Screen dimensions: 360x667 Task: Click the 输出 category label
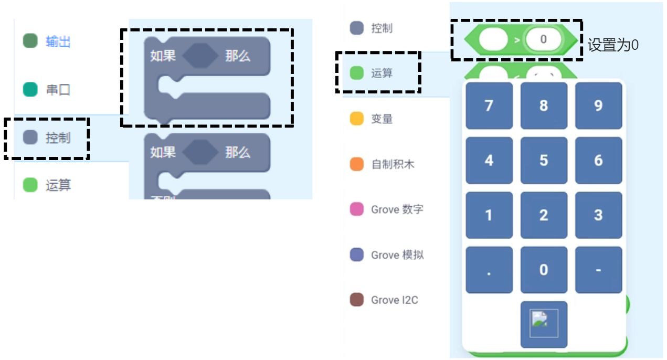(58, 42)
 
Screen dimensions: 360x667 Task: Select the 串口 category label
(58, 90)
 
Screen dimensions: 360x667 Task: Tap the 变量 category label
(382, 119)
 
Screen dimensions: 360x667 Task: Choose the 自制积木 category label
(393, 164)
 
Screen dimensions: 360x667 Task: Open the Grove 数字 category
(397, 209)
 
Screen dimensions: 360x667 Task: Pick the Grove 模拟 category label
(397, 255)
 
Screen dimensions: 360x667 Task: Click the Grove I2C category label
(394, 300)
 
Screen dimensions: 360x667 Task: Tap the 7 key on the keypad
(489, 105)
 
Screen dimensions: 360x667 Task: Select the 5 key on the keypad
(544, 160)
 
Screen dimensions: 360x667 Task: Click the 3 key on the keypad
(598, 215)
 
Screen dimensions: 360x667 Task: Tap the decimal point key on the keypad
(489, 270)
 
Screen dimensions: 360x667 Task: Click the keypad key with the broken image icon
(544, 324)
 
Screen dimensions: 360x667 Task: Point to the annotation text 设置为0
(613, 45)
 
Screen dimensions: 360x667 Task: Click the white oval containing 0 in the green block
(543, 39)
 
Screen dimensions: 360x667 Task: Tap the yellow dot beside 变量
(357, 119)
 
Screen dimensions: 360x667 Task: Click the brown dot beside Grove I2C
(357, 300)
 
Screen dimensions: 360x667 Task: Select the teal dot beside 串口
(30, 90)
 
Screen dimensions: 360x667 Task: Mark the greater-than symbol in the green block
(517, 39)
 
